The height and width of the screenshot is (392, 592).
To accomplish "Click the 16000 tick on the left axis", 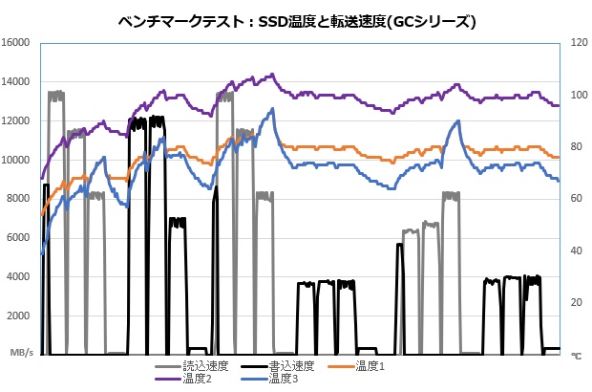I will coord(17,42).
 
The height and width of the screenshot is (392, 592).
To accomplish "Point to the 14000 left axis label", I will coord(17,81).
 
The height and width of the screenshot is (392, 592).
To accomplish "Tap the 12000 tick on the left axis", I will coord(17,120).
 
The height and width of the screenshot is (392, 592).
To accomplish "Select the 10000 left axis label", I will coord(17,160).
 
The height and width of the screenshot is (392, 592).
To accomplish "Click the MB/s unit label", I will coord(21,354).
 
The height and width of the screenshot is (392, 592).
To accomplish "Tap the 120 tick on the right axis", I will coord(576,42).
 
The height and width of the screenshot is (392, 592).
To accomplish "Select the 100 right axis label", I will coord(576,95).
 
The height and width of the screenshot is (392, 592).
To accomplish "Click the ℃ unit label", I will coord(576,355).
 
